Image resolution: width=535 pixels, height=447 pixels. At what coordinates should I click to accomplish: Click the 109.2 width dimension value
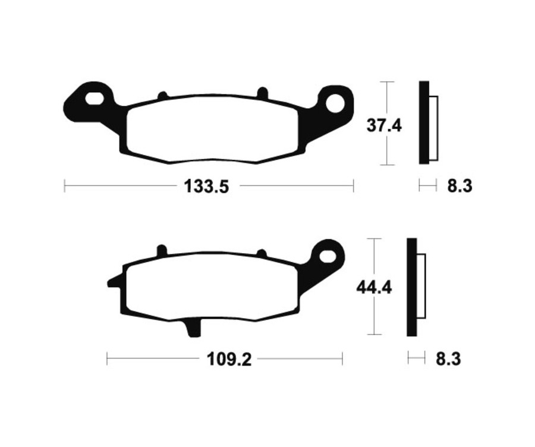pyautogui.click(x=225, y=359)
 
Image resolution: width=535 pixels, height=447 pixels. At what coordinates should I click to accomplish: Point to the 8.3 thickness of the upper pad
pyautogui.click(x=460, y=186)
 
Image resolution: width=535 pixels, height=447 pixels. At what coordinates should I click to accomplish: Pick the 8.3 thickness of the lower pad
pyautogui.click(x=449, y=358)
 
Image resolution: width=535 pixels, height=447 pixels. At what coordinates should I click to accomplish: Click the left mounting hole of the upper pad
pyautogui.click(x=95, y=97)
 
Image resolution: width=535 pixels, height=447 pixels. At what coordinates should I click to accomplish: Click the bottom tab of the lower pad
pyautogui.click(x=194, y=328)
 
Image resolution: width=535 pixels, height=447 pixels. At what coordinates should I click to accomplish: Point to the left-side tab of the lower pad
pyautogui.click(x=115, y=280)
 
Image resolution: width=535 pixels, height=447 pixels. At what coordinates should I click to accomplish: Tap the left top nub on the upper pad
pyautogui.click(x=162, y=95)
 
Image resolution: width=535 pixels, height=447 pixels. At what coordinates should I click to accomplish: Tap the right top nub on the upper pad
pyautogui.click(x=262, y=92)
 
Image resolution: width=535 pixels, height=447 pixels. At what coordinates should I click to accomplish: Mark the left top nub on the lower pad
pyautogui.click(x=160, y=250)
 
